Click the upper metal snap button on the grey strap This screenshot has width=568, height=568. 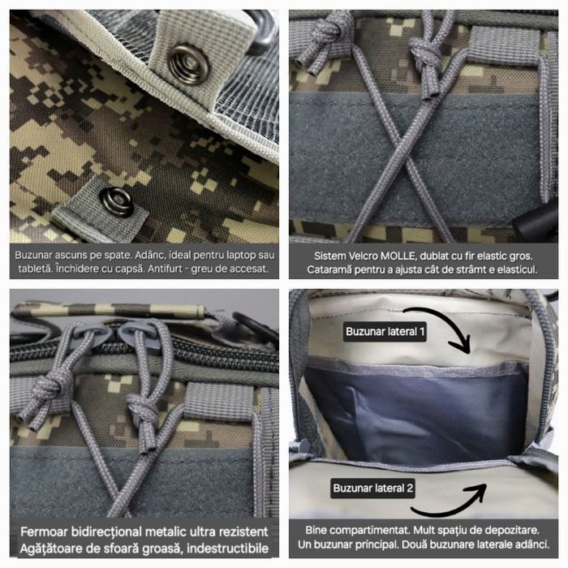pos(188,64)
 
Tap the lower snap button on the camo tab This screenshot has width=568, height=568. pos(116,200)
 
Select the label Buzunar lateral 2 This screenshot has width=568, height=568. pos(373,488)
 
